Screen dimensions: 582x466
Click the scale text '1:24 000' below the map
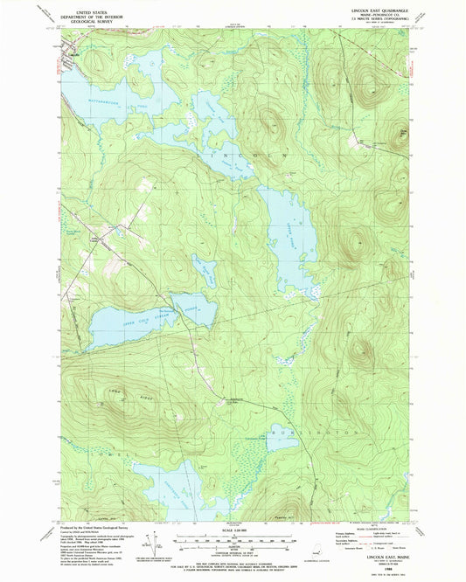[x=232, y=530]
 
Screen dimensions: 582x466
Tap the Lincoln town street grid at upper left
[x=72, y=63]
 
